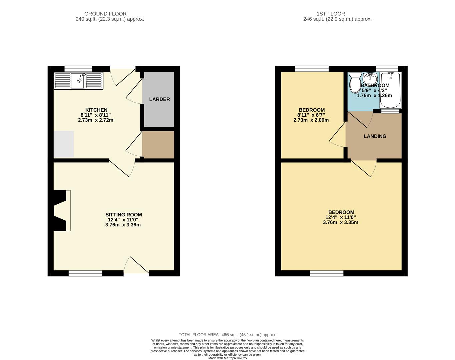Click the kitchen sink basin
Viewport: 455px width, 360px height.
(x=78, y=81)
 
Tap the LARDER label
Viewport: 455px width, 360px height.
(x=160, y=99)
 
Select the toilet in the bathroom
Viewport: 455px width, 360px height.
(x=355, y=82)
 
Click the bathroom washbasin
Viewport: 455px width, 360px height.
(x=370, y=78)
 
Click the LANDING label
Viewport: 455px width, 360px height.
(x=375, y=136)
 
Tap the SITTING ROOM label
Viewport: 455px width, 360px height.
(x=124, y=215)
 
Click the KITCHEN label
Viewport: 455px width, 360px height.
(x=96, y=110)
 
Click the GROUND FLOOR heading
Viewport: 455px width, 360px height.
(x=105, y=14)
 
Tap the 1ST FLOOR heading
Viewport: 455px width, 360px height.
(x=331, y=14)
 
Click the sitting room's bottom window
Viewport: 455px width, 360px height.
(x=85, y=273)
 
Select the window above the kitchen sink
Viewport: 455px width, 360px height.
(x=78, y=69)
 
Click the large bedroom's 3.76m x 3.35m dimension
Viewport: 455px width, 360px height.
(x=340, y=222)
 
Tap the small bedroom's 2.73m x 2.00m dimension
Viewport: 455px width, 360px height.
(x=311, y=120)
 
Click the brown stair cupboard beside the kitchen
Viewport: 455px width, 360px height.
(x=158, y=145)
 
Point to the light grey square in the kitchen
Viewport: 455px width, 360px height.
(x=64, y=144)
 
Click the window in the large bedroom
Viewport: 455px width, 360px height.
(x=327, y=273)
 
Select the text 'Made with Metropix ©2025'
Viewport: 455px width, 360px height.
(x=227, y=358)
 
